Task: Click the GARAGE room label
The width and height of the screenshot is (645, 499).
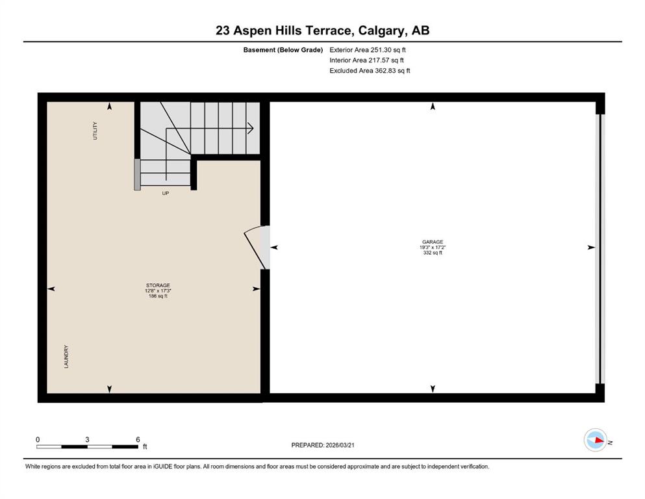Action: (433, 242)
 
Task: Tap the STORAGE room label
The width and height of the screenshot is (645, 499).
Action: (158, 285)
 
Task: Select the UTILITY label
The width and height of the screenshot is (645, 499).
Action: (95, 131)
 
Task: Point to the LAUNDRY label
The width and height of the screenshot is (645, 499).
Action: (66, 357)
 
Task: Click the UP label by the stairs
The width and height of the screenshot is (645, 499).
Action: (166, 194)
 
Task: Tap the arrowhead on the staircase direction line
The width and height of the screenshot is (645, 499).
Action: (251, 129)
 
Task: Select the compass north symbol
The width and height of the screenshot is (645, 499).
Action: (596, 440)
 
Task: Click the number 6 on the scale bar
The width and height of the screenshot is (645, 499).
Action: (138, 439)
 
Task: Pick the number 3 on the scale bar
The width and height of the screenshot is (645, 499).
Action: (87, 439)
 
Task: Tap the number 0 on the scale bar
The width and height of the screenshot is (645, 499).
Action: (38, 439)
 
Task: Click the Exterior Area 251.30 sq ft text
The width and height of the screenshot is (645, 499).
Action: (368, 50)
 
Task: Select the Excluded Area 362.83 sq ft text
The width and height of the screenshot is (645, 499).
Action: (370, 70)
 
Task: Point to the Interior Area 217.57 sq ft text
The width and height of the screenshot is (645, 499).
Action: (366, 60)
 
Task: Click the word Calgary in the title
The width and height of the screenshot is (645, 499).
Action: (380, 31)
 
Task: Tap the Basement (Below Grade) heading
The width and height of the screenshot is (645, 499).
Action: (283, 50)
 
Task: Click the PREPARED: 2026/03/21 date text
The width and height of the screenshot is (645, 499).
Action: (323, 445)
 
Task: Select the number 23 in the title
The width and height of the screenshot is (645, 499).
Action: (223, 31)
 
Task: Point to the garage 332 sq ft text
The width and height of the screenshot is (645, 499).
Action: (433, 253)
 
